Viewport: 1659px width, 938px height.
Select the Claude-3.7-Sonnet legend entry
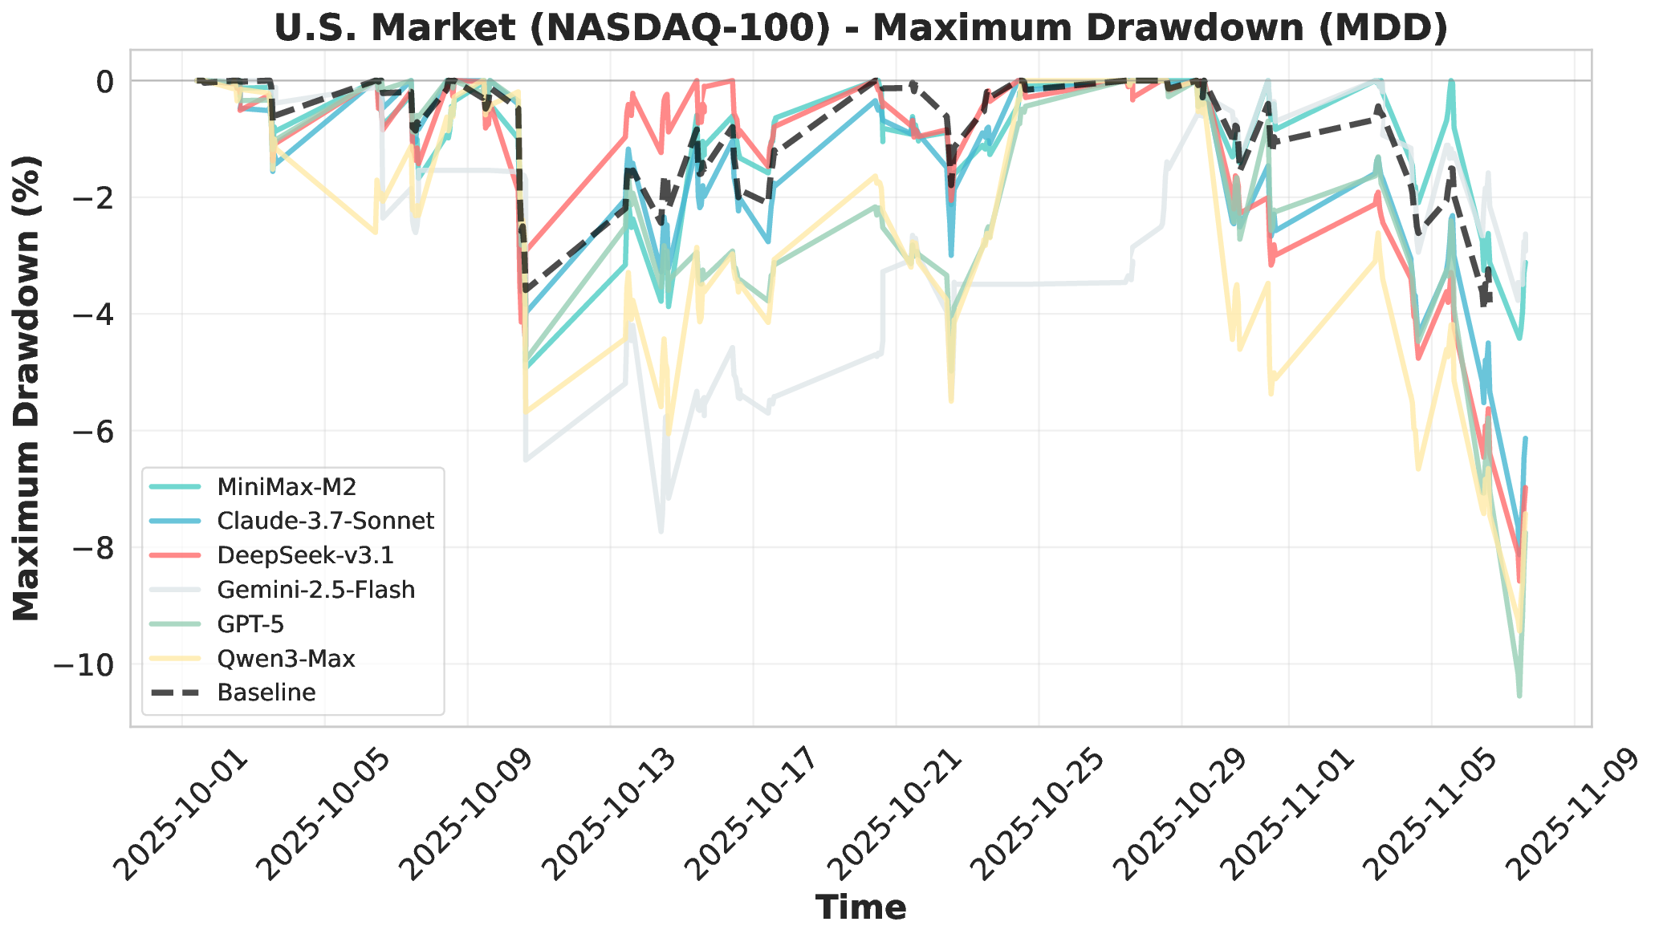(x=325, y=521)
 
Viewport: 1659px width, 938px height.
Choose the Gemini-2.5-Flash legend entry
(x=315, y=590)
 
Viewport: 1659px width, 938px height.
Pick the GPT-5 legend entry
(x=250, y=624)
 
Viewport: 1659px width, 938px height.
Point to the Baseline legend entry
(x=266, y=693)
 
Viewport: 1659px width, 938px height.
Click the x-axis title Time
(x=860, y=908)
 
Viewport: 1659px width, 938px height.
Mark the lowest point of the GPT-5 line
(x=1519, y=696)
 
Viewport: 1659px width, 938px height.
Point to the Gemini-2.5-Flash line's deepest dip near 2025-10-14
(x=661, y=531)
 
